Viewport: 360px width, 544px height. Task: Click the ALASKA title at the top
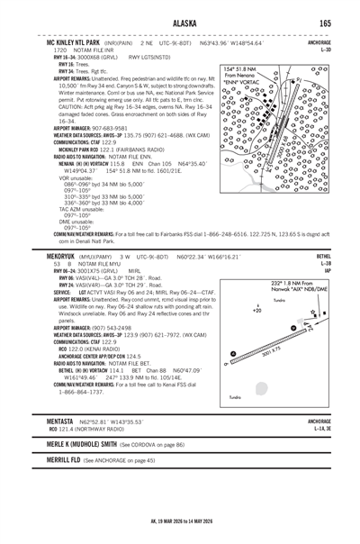coord(180,24)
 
